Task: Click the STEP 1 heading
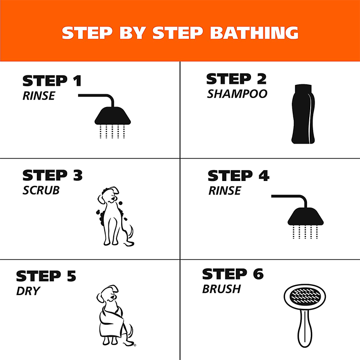pos(52,81)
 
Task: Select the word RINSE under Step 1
pos(39,96)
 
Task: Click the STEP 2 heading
pos(236,79)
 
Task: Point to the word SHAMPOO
pos(237,94)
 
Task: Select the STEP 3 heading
pos(52,175)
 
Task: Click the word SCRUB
pos(41,190)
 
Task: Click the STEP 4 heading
pos(238,176)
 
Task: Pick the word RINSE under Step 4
pos(225,191)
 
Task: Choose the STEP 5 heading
pos(46,276)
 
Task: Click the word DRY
pos(28,291)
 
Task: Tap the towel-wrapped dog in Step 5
pos(113,316)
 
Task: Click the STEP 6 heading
pos(233,274)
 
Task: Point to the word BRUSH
pos(222,289)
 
